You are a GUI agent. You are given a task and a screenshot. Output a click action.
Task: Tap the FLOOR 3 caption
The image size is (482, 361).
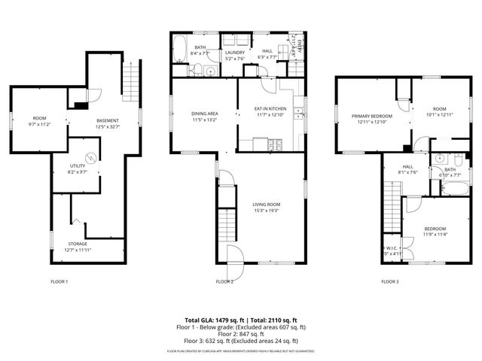pos(389,281)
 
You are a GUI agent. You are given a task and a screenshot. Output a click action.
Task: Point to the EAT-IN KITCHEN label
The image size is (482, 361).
pos(269,110)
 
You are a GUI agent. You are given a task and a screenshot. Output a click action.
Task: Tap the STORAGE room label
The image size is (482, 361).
pos(78,244)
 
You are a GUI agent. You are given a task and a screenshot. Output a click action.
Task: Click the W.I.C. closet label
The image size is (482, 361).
pos(392,247)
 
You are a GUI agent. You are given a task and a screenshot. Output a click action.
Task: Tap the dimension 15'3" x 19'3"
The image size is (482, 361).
pos(267,211)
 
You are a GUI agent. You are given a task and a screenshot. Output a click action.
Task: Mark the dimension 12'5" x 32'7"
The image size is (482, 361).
pos(108,126)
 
